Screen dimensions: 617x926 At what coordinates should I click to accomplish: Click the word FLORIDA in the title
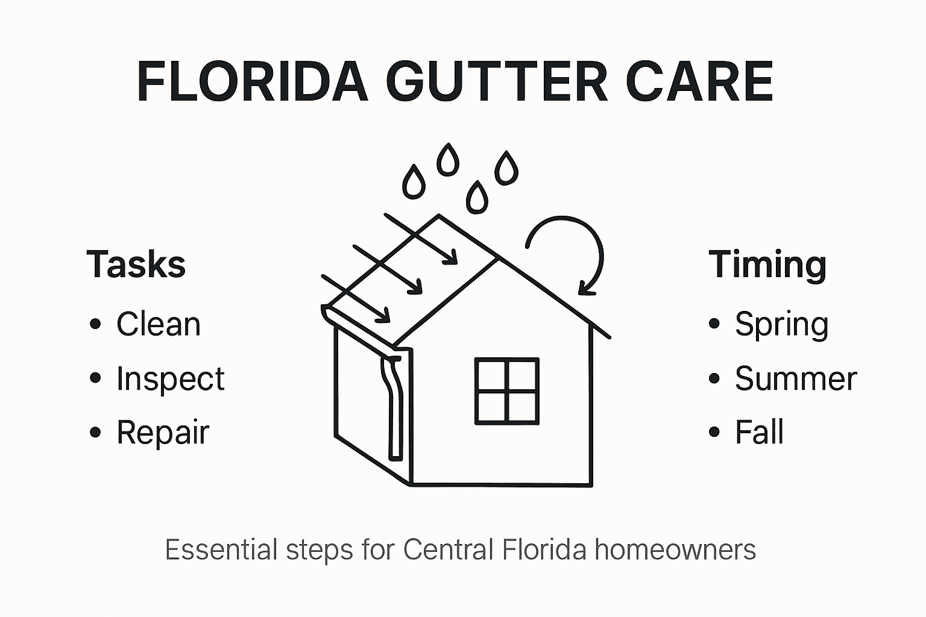point(253,82)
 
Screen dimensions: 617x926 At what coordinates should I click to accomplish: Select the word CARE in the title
point(699,82)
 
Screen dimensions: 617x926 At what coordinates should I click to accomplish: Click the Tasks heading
point(136,264)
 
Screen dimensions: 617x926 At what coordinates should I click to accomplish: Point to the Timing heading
point(767,264)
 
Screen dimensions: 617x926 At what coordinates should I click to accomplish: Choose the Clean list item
point(158,324)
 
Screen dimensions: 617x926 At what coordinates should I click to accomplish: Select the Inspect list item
point(170,378)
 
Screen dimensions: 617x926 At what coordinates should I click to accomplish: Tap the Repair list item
point(163,432)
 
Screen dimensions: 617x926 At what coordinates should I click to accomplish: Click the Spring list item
point(781,324)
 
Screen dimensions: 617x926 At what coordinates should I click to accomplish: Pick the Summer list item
point(796,378)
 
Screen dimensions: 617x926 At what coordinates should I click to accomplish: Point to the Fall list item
point(759,432)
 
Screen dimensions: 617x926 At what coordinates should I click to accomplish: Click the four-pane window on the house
point(506,391)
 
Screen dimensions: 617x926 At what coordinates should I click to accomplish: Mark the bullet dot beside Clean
point(95,324)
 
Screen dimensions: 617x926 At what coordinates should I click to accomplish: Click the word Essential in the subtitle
point(221,550)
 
